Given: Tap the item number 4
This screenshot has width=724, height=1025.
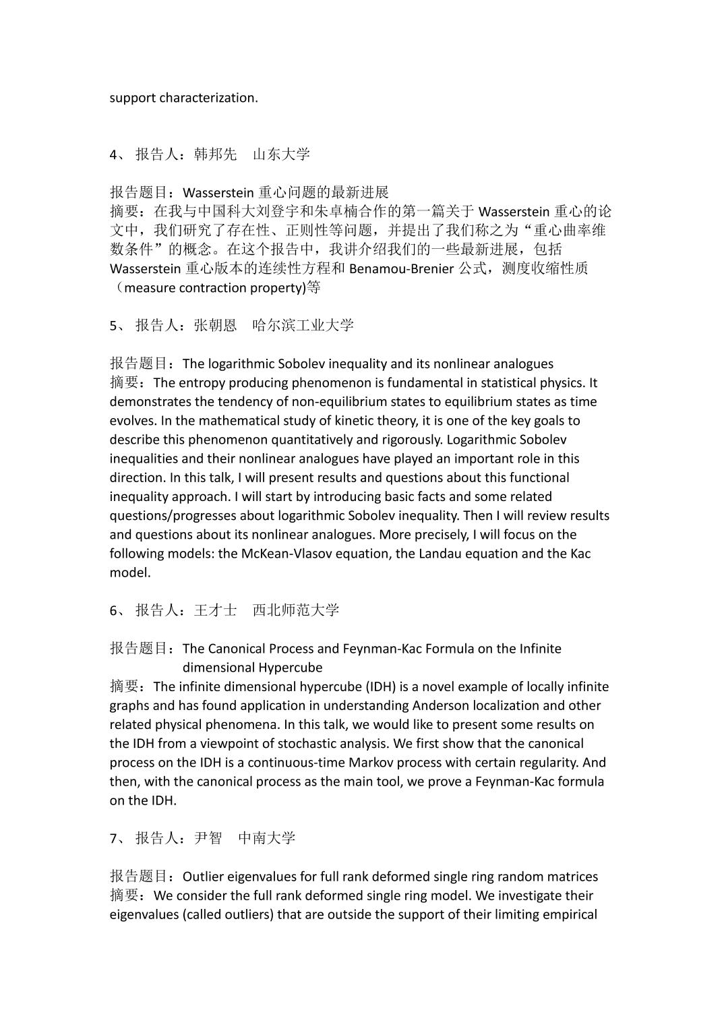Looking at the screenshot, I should coord(114,154).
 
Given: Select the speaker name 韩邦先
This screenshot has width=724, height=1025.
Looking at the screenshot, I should coord(216,154).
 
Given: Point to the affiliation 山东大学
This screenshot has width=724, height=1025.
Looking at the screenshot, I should coord(281,154).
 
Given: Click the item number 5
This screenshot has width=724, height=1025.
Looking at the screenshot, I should coord(114,326).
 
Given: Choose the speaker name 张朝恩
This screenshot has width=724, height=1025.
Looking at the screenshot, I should coord(216,326).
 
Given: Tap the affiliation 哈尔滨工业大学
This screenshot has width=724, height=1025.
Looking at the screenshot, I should coord(303,326).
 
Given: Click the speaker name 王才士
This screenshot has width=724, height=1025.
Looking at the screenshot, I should coord(216,610).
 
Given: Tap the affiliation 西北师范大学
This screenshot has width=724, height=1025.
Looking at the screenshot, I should coord(295,610).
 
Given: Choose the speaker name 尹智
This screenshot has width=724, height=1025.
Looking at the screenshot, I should coord(208,838).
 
